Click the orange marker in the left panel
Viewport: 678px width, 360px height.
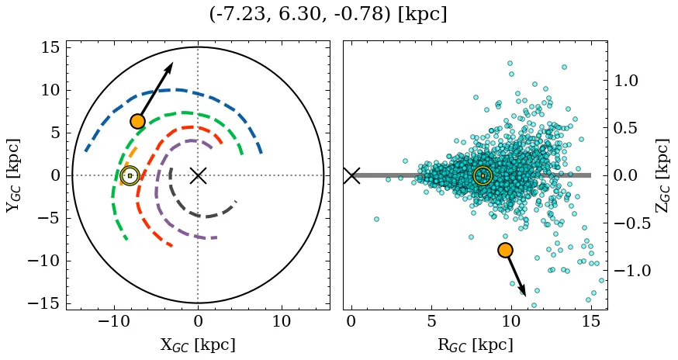137,121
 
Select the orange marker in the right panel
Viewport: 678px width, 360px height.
505,250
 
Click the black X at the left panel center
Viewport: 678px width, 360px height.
198,175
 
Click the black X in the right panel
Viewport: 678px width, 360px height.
351,175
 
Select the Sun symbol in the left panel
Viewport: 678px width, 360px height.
130,175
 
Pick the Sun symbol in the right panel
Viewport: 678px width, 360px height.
483,175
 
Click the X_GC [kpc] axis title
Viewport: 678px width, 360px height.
198,344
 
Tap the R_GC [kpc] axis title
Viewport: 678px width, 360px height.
474,344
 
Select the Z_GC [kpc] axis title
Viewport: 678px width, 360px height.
662,175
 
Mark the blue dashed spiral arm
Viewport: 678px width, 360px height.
178,90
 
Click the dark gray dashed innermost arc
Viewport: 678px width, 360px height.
203,215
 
